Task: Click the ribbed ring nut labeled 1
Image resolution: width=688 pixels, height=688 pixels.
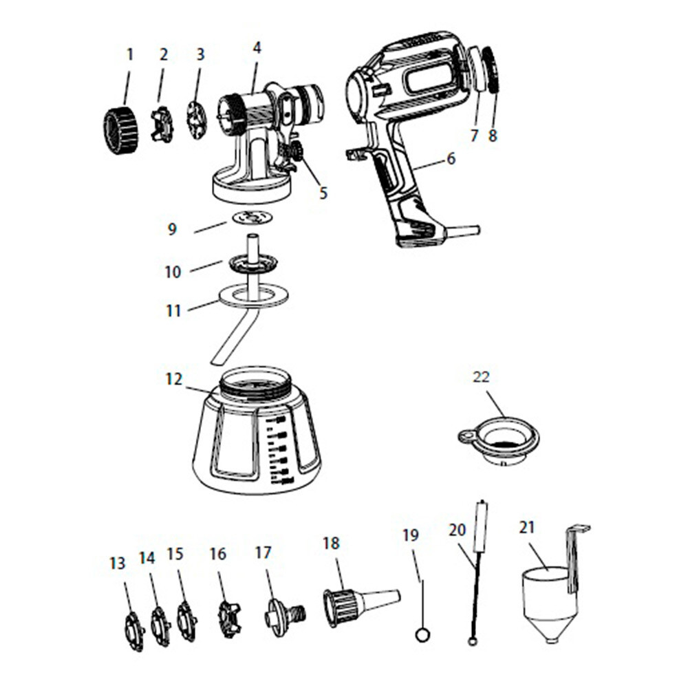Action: (x=120, y=131)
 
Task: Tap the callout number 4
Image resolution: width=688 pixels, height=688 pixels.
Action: (x=257, y=48)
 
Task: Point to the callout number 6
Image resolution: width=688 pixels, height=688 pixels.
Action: (x=451, y=158)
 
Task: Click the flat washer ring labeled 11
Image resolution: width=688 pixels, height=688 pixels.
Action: (x=253, y=296)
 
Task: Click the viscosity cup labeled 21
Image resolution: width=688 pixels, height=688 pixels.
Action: (x=547, y=599)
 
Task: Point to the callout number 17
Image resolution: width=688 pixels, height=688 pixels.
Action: (x=264, y=553)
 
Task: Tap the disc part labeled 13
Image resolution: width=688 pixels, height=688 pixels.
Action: (x=133, y=628)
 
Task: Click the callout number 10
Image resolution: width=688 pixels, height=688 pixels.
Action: (x=172, y=272)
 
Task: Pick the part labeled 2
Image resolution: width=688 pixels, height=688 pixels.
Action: (x=162, y=125)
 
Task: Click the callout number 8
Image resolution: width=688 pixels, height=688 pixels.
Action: (x=492, y=136)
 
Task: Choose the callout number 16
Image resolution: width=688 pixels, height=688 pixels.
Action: (x=217, y=554)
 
